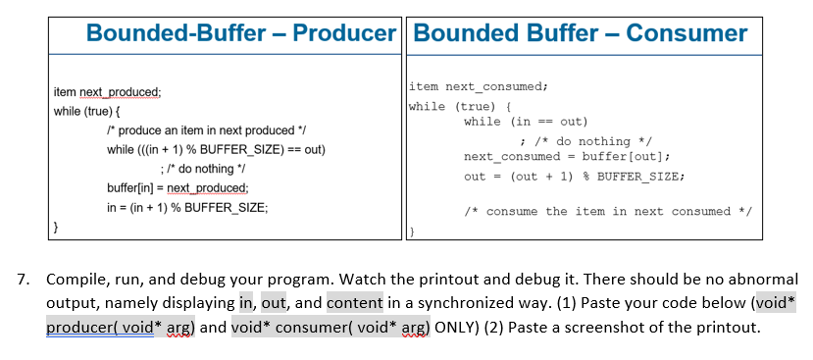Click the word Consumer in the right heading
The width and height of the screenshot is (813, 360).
[x=686, y=32]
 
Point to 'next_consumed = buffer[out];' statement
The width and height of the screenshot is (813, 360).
[x=567, y=157]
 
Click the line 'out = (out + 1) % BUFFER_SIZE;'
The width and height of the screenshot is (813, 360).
[x=573, y=177]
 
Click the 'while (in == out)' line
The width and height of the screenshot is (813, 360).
[x=526, y=122]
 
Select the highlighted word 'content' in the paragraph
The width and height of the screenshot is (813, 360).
[x=354, y=303]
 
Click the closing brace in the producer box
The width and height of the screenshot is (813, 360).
[x=56, y=227]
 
